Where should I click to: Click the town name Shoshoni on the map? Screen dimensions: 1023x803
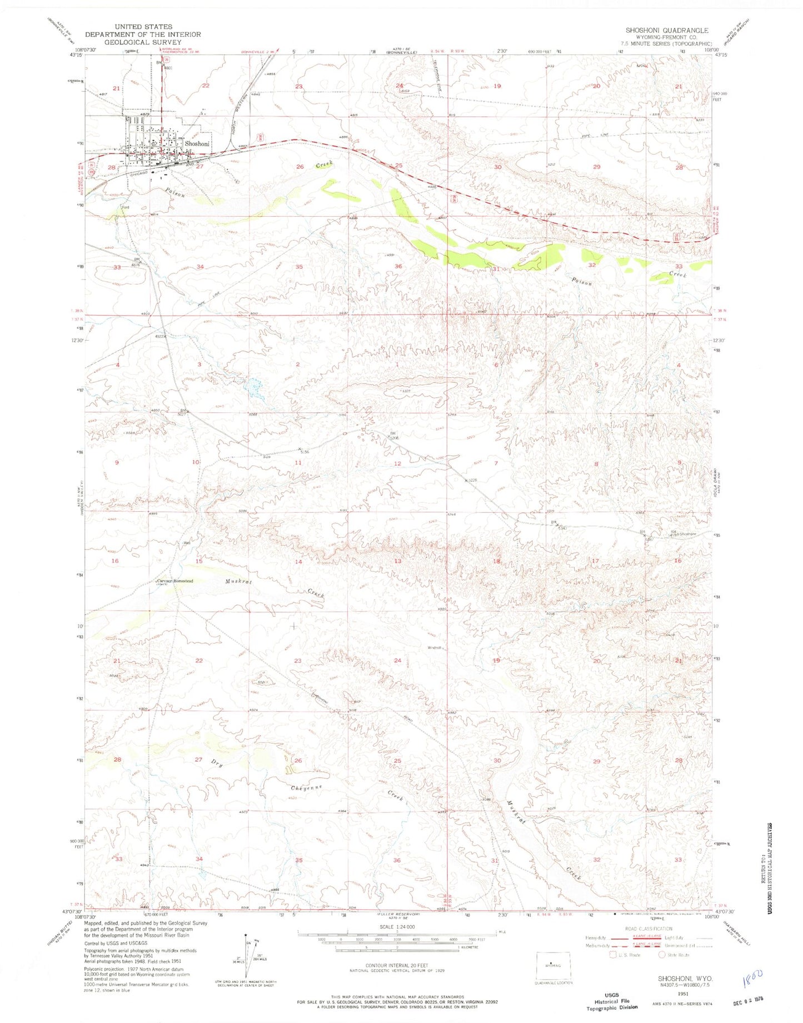tap(198, 143)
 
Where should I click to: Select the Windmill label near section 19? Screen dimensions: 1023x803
tap(435, 647)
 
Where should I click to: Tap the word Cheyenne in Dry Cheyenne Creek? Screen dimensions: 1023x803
tap(307, 788)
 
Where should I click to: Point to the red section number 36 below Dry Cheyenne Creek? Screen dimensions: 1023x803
tap(397, 860)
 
